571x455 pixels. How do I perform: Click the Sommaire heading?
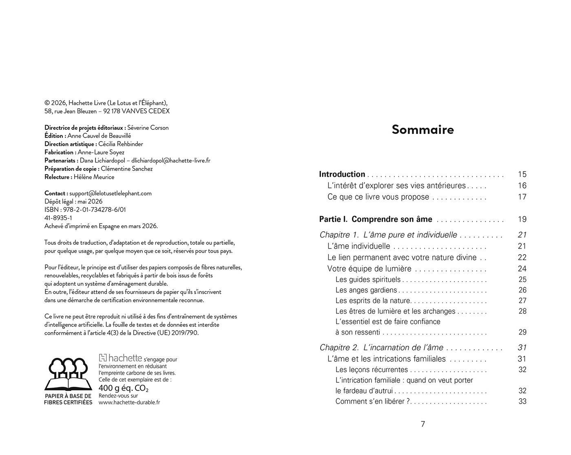point(423,129)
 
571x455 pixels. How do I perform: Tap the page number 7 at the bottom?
point(423,424)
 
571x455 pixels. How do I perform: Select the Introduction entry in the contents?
point(342,174)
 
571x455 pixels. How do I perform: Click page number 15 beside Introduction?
point(522,174)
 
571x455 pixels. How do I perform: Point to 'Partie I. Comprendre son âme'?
point(375,219)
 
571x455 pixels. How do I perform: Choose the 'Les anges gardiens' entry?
point(366,290)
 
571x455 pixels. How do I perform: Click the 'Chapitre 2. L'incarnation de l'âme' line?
point(381,348)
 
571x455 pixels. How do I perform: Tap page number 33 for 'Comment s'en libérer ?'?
point(522,402)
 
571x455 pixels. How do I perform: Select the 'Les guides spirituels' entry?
point(368,280)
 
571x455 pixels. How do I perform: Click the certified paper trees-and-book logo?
point(68,374)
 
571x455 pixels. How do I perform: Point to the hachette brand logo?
point(121,358)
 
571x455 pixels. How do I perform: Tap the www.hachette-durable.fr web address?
point(129,402)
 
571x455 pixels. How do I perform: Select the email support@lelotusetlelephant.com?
point(111,193)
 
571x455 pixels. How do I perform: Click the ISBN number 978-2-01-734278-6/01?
point(95,210)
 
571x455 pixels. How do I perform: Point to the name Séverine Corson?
point(148,128)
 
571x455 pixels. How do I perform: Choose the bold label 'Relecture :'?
point(58,177)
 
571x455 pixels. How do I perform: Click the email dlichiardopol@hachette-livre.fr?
point(171,160)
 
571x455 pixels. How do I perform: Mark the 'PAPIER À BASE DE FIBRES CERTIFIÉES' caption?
point(68,399)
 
